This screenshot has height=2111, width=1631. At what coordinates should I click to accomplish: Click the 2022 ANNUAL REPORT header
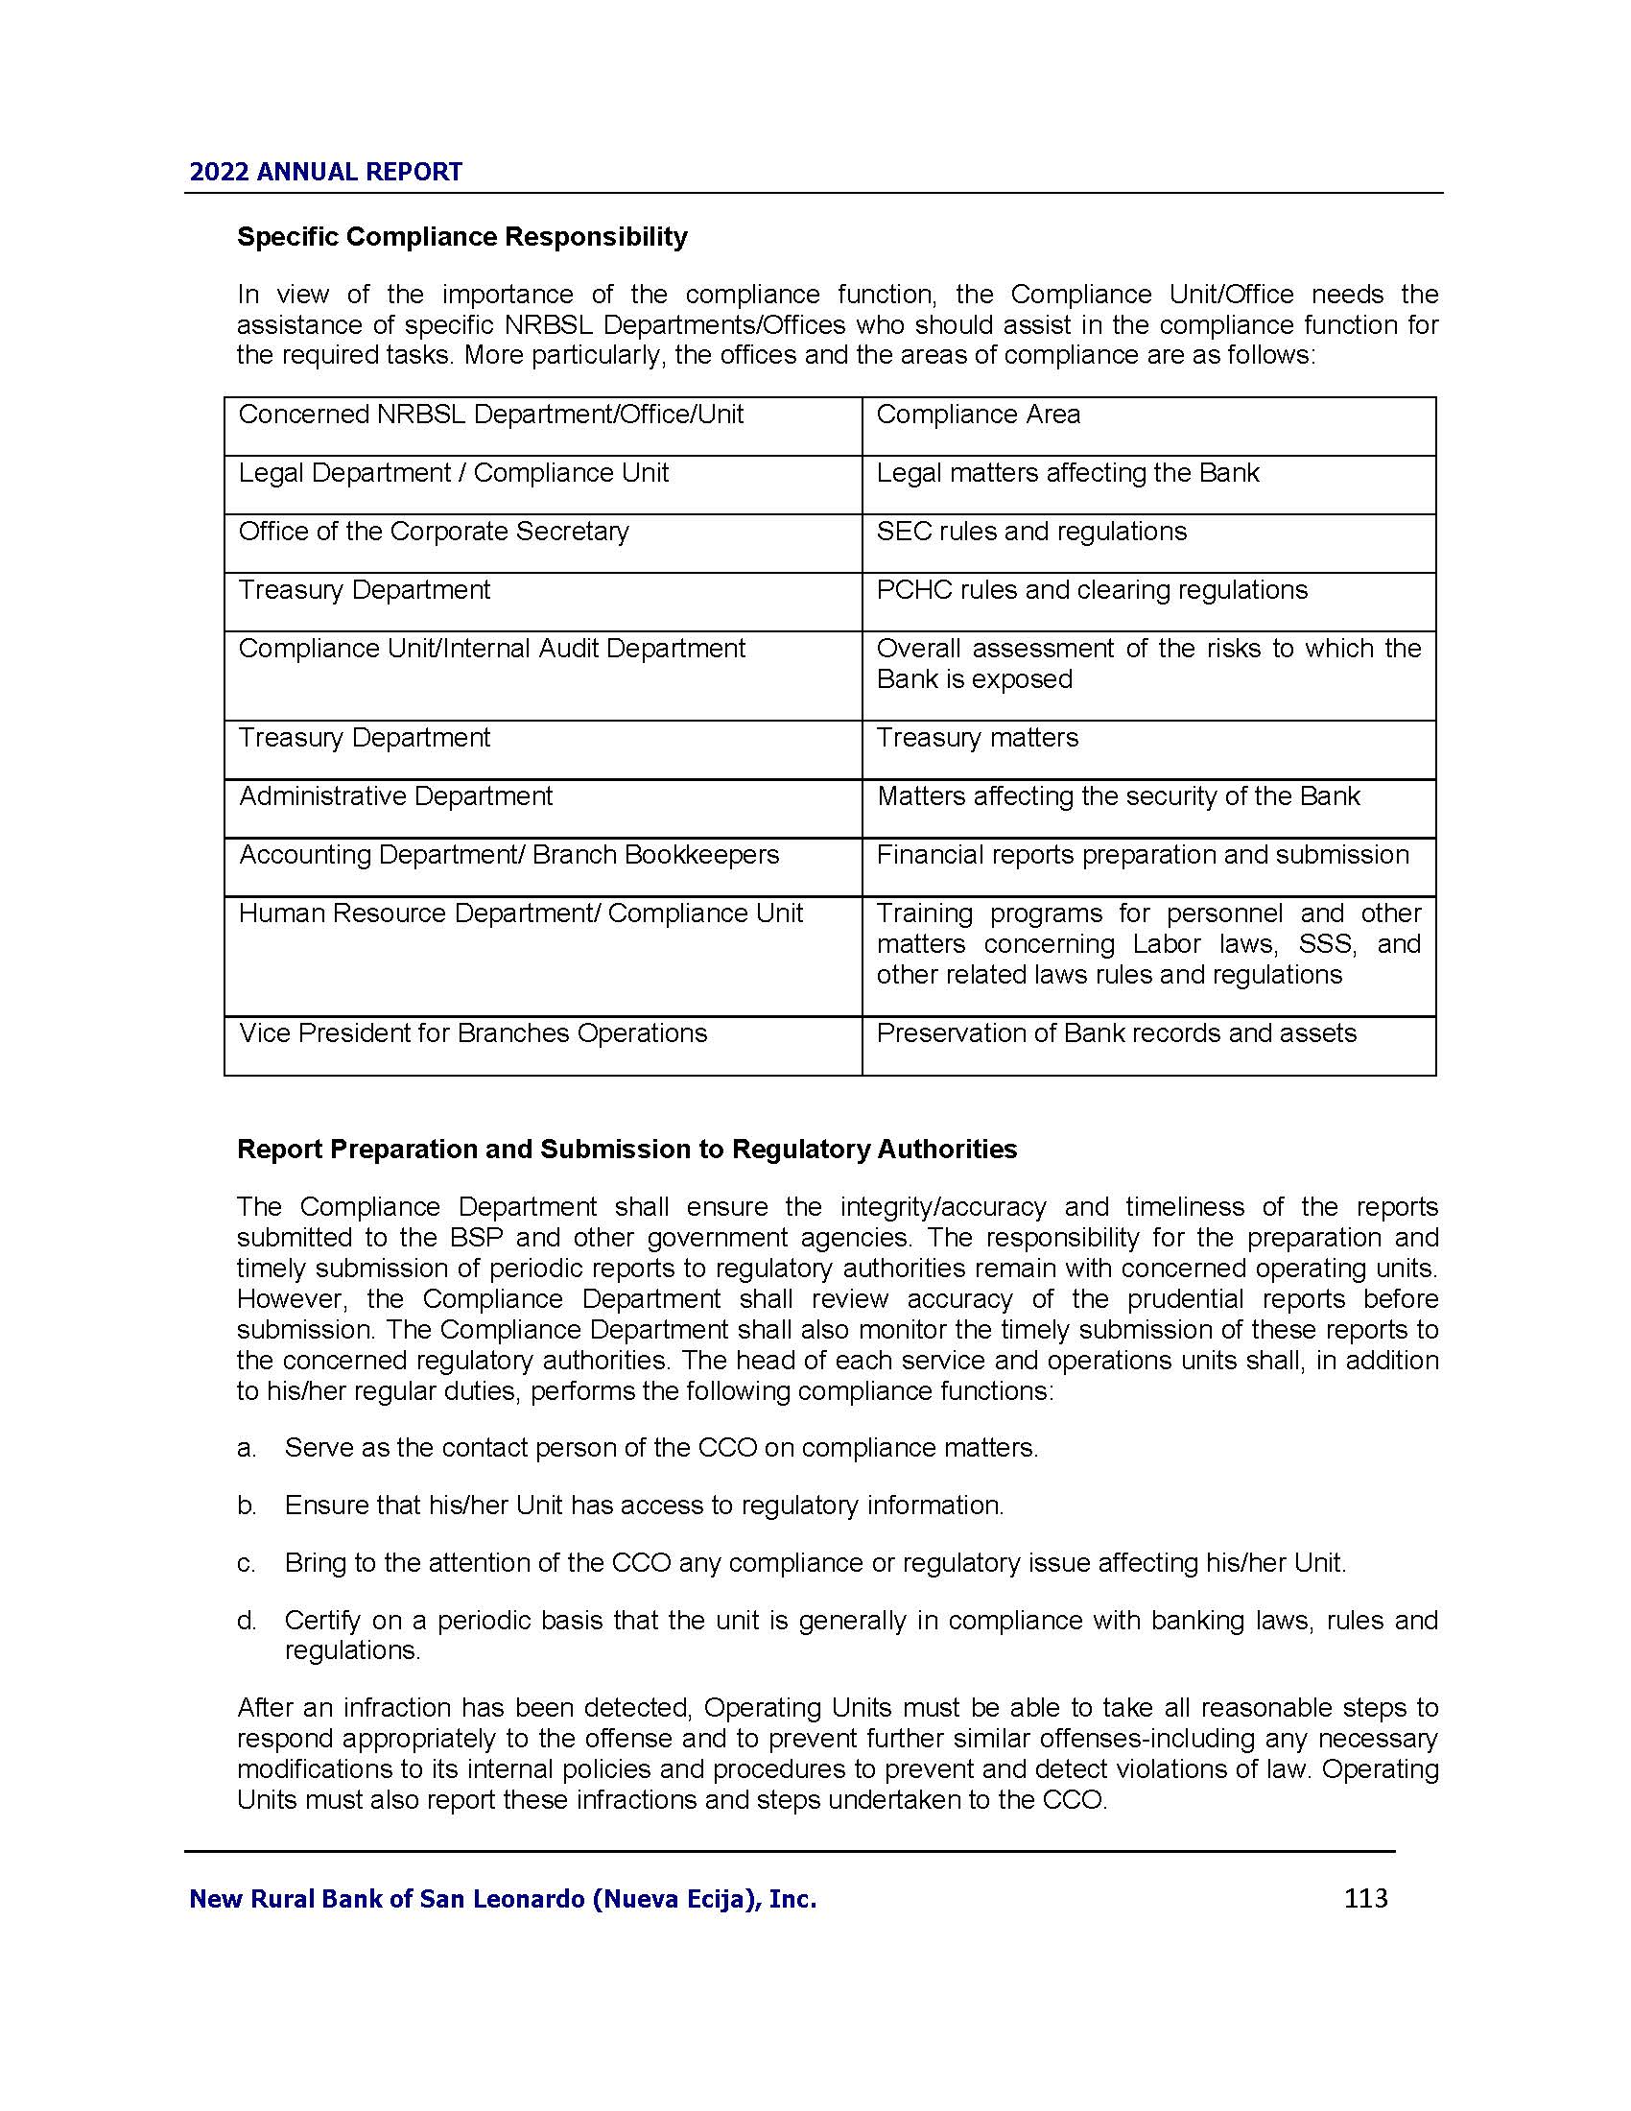pos(325,172)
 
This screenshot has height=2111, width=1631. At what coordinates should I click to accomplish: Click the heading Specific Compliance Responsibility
pos(461,237)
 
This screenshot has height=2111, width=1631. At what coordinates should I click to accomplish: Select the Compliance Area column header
pos(978,415)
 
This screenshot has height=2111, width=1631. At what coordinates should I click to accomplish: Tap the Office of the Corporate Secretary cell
pos(433,532)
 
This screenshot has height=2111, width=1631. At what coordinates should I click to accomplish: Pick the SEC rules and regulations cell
pos(1031,532)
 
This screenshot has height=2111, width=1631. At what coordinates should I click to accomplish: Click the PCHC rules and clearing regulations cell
pos(1091,590)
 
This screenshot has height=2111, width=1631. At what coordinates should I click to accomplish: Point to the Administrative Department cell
pos(395,796)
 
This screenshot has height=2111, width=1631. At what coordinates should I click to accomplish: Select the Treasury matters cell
pos(977,738)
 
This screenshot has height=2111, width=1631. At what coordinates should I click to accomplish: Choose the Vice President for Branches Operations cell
pos(472,1033)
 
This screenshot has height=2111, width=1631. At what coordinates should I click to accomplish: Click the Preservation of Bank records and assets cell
pos(1116,1033)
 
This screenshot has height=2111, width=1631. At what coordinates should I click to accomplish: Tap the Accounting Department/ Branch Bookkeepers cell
pos(508,855)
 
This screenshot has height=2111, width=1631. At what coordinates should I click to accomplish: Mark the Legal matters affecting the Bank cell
pos(1068,473)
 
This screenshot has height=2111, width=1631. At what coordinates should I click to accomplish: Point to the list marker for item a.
pos(247,1448)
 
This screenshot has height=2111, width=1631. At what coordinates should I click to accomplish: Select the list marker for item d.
pos(247,1621)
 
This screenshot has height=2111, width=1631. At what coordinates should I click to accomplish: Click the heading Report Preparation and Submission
pos(627,1150)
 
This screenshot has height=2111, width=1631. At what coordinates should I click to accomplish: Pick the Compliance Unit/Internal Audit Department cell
pos(491,649)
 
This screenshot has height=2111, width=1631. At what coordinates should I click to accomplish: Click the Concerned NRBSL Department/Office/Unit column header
pos(490,415)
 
